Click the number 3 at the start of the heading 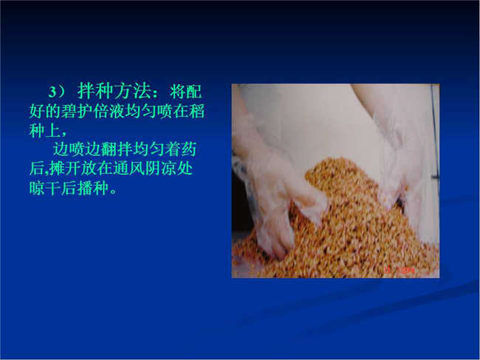point(52,92)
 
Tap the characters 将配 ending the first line point(185,91)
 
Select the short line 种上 point(45,130)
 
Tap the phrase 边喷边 point(77,149)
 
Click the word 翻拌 point(117,149)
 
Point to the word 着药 point(180,149)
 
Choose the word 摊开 point(65,169)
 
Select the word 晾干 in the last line point(45,188)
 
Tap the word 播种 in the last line point(93,188)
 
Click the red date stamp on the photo point(400,271)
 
